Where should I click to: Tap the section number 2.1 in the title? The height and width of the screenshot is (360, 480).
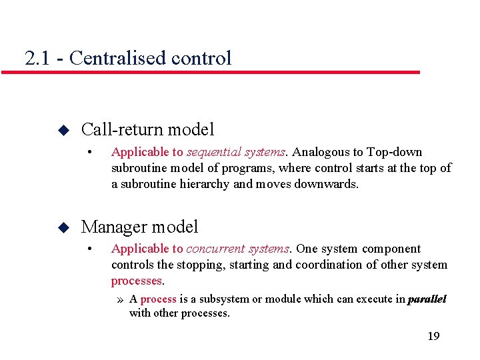(x=37, y=58)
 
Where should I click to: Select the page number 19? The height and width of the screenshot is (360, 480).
(x=433, y=336)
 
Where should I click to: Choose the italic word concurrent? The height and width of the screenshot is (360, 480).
(x=214, y=249)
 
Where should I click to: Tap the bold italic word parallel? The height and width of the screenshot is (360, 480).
(x=427, y=299)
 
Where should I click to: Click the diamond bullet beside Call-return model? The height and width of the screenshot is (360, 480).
(x=63, y=129)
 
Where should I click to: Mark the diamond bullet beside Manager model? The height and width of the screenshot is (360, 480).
(x=63, y=227)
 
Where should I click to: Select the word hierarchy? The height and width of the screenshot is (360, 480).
(x=203, y=184)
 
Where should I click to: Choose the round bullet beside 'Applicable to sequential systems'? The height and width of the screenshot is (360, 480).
(x=90, y=153)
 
